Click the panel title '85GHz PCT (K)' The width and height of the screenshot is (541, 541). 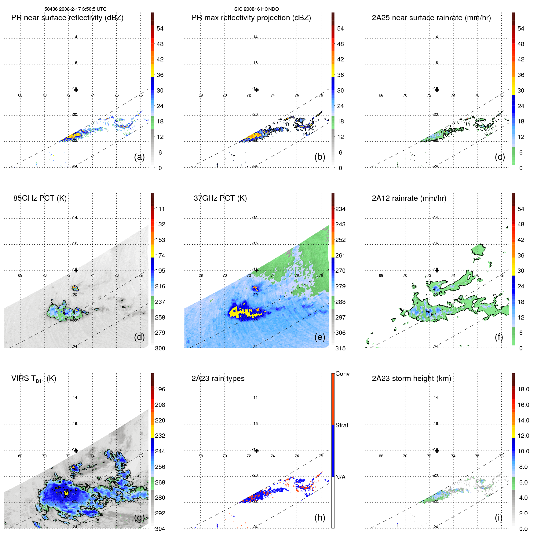pos(40,198)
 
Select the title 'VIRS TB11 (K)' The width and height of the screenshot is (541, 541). pos(34,379)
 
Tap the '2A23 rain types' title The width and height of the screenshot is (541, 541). pos(218,378)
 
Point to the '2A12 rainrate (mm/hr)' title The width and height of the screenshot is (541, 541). pos(409,198)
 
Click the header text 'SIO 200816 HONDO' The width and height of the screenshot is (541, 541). pos(256,9)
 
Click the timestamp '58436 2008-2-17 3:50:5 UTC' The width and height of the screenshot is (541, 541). pos(75,9)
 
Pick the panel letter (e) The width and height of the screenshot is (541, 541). pos(320,337)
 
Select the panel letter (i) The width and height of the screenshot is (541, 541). pos(499,517)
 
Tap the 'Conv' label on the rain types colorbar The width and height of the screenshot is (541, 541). pos(342,374)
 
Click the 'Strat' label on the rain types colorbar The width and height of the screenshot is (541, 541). pos(342,425)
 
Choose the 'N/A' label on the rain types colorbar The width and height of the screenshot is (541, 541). pos(340,477)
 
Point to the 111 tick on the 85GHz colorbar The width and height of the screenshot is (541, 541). pos(160,209)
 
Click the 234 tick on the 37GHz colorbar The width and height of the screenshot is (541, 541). pos(340,209)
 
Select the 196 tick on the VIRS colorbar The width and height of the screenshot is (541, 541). pos(160,389)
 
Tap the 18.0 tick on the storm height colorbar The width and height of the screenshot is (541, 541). pos(523,389)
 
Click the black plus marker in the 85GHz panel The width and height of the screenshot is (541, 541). pos(76,270)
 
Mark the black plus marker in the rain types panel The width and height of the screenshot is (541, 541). pos(257,451)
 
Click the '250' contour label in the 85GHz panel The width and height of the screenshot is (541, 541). pos(75,318)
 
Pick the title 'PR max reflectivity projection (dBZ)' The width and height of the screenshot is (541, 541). pos(251,18)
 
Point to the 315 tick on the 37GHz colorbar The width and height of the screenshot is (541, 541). pos(340,348)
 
